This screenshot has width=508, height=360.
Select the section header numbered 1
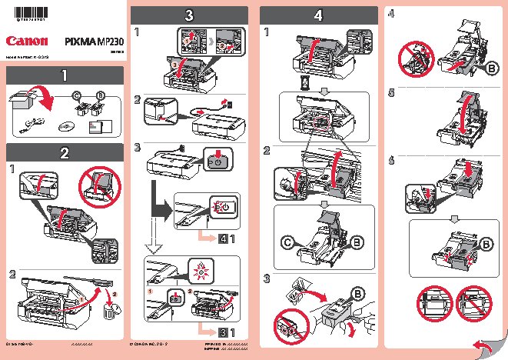pos(64,75)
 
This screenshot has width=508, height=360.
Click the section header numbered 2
pos(64,151)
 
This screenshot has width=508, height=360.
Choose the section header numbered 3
pos(189,15)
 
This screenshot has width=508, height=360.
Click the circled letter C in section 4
pos(287,243)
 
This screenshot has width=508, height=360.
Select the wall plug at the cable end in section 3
pos(224,102)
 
